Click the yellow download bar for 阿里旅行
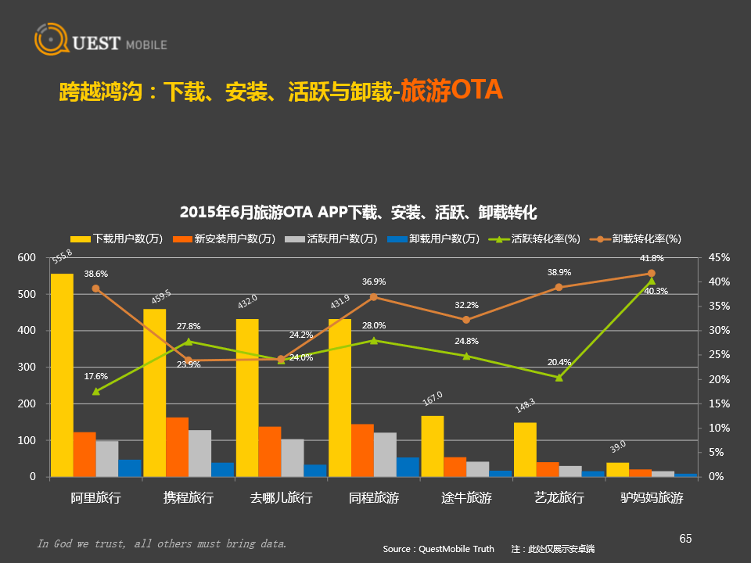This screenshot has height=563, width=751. click(62, 375)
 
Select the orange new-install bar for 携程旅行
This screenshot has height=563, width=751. click(177, 446)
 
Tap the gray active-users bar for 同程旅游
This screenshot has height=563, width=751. click(385, 454)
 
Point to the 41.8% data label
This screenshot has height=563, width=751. click(652, 258)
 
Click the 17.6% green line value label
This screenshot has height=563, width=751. click(96, 376)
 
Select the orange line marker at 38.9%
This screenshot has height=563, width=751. click(559, 287)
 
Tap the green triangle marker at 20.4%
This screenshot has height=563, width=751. click(559, 378)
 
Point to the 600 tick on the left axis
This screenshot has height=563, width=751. click(27, 257)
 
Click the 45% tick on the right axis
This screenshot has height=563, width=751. click(719, 257)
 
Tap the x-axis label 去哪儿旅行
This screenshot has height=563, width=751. click(281, 497)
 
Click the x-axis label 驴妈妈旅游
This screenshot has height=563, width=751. click(652, 497)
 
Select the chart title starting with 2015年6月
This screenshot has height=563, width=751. click(358, 212)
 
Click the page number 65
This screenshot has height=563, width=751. click(685, 538)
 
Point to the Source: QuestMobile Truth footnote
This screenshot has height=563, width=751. click(438, 549)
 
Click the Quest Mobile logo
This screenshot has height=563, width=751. click(100, 42)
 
